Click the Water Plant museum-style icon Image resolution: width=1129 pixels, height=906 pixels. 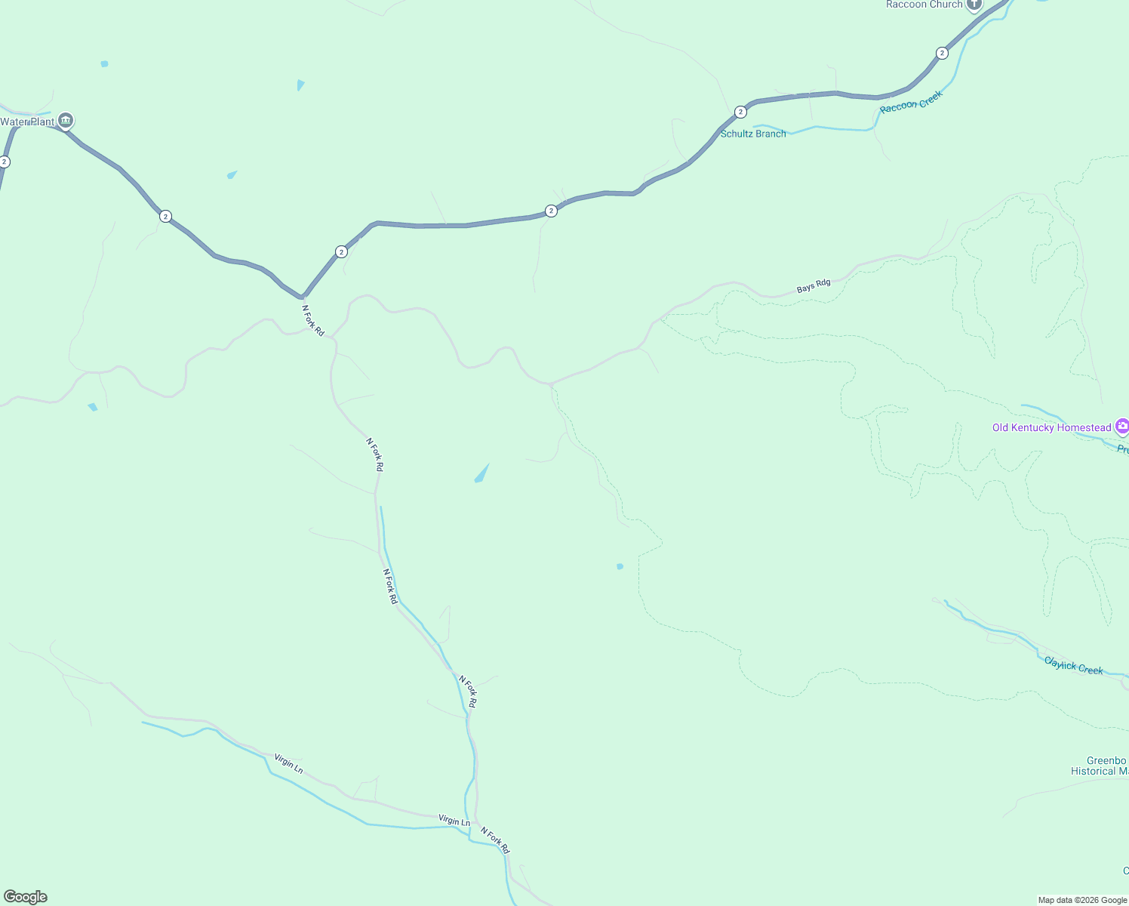tap(66, 121)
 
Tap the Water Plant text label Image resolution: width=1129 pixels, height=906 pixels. tap(28, 122)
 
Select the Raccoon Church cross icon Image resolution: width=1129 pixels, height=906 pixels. tap(974, 5)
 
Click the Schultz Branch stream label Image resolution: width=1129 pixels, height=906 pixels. tap(753, 134)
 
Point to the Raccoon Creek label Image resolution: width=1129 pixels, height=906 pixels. tap(911, 102)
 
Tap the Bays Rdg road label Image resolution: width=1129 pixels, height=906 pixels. tap(814, 286)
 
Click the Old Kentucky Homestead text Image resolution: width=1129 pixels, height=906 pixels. tap(1051, 427)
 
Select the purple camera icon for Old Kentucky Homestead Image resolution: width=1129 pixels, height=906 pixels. tap(1122, 427)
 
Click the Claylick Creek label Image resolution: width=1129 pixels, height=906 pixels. tap(1073, 665)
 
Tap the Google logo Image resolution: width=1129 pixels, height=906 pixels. tap(26, 897)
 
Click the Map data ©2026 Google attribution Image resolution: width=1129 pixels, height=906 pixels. tap(1082, 900)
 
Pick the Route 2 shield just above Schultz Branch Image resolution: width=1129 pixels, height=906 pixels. tap(740, 112)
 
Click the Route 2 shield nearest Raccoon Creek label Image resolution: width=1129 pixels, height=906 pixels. tap(942, 53)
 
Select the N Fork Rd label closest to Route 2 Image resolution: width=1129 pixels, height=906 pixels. tap(313, 320)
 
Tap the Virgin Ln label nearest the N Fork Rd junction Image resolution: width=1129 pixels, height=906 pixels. tap(454, 820)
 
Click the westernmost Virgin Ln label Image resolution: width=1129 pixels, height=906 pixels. tap(288, 763)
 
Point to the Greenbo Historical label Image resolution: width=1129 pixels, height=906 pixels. tap(1100, 766)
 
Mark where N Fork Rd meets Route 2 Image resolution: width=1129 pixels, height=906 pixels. tap(303, 297)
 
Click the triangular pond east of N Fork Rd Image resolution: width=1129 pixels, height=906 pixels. tap(481, 474)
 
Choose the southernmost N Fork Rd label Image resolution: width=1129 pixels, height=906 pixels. tap(495, 839)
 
